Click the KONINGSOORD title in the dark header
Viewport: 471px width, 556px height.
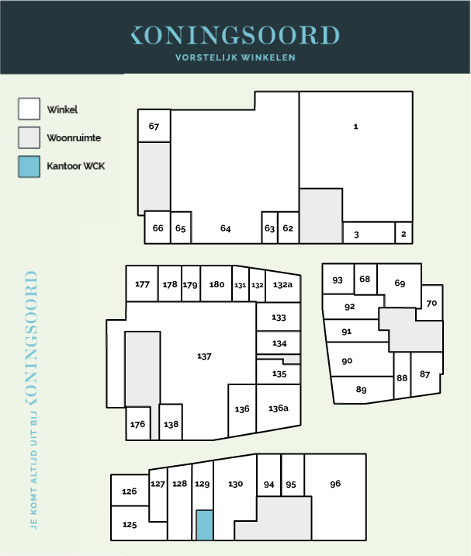click(235, 35)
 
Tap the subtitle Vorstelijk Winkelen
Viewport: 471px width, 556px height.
click(235, 57)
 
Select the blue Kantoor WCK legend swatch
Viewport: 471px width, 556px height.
click(29, 166)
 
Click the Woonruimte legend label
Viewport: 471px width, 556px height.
click(74, 137)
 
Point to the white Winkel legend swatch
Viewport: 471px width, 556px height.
click(29, 109)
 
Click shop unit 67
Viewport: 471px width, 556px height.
click(154, 126)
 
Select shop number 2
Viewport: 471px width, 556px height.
click(403, 233)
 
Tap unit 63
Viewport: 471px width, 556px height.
click(270, 228)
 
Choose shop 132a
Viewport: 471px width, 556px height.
click(282, 284)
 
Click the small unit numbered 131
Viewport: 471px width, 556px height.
click(241, 284)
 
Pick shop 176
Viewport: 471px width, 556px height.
click(138, 423)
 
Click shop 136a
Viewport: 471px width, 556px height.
click(279, 408)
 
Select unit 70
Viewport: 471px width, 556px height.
click(431, 303)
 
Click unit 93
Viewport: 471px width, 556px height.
click(338, 280)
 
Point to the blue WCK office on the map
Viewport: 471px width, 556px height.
click(205, 525)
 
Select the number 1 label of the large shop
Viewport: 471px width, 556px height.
click(356, 127)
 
